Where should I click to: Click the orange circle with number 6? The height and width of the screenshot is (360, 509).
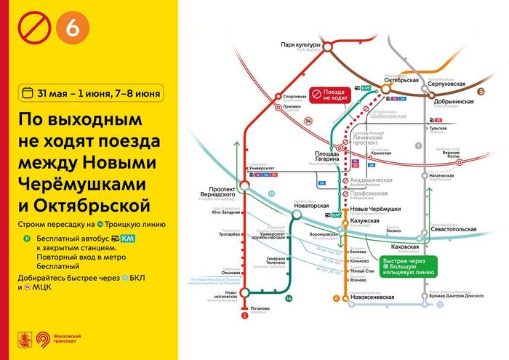coord(78,29)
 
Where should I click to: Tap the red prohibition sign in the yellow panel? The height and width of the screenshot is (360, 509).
coord(34,29)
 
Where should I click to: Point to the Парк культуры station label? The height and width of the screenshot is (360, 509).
coord(300,45)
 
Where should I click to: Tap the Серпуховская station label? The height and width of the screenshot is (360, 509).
coord(446,84)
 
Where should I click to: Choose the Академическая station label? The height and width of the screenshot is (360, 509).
coord(371,180)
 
